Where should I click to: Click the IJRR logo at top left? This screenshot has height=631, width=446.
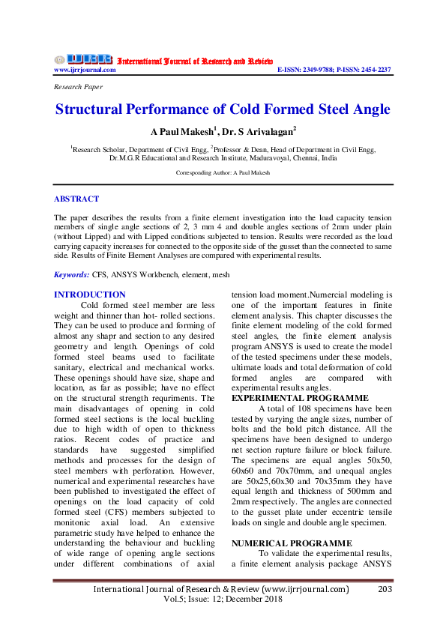pos(82,58)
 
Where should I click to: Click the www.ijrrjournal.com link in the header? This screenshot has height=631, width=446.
pos(85,70)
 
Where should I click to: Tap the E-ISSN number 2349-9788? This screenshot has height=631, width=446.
pos(318,70)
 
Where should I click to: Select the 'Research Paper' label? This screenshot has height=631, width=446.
pos(79,88)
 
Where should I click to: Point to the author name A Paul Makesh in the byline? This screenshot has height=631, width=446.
pos(179,132)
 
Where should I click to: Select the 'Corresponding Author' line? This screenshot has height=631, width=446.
pos(223,172)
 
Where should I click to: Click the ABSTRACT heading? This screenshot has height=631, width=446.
pos(76,199)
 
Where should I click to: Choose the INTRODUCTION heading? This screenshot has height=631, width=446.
pos(90,295)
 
